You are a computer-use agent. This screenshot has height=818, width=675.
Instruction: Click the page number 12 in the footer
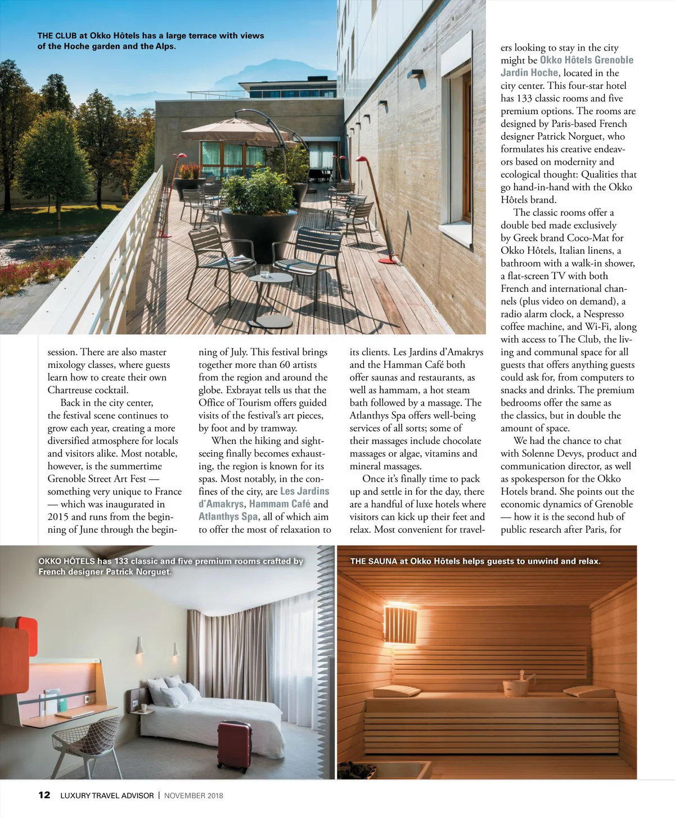(x=44, y=795)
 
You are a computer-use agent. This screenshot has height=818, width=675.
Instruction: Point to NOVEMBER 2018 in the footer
(x=193, y=795)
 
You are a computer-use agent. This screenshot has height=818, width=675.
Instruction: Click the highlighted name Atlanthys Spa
(x=228, y=516)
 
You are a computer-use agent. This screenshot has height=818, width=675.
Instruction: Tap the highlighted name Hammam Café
(x=280, y=504)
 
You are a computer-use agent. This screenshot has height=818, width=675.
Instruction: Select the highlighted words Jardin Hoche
(x=529, y=73)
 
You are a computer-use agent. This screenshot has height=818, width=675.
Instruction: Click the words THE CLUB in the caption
(x=57, y=35)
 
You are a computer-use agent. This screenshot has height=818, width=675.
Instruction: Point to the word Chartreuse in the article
(x=71, y=390)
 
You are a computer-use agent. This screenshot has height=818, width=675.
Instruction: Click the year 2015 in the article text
(x=58, y=516)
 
